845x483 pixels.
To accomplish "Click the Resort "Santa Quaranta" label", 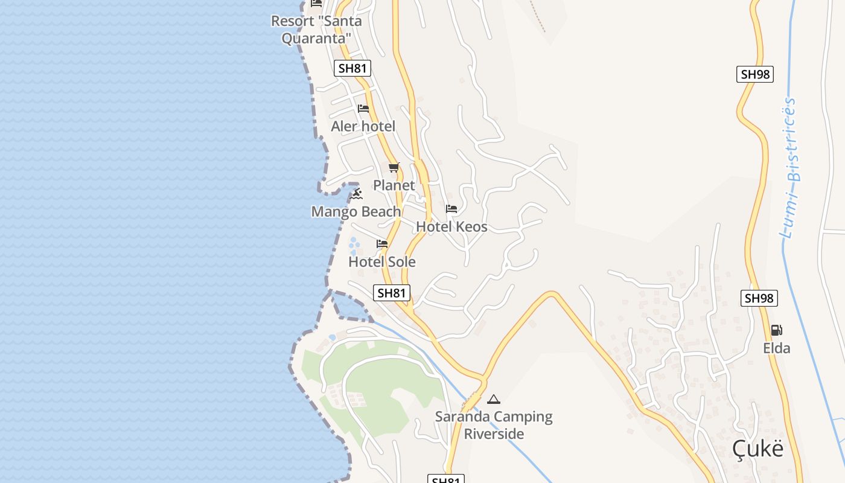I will point(316,30).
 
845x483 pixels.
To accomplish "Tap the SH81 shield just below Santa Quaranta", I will point(352,68).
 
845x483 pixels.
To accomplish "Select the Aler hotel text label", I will point(363,126).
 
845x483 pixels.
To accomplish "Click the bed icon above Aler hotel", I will point(363,109).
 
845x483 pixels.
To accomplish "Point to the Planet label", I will point(394,185).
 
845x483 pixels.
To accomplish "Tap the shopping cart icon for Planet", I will point(394,167).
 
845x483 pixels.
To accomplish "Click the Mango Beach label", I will point(356,212).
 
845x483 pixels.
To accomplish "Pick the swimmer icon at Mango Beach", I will point(356,194).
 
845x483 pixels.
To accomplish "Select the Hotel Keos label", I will point(451,227).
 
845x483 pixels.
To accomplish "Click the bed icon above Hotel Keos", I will point(451,209).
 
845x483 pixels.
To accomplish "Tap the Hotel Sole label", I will point(382,262).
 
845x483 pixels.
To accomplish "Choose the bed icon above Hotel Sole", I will point(382,244).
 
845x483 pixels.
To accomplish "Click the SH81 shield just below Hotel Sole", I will point(392,293).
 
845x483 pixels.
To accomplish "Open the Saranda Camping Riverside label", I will point(494,425).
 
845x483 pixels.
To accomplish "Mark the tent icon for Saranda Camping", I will point(494,399).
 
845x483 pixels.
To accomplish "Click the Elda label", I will point(777,348).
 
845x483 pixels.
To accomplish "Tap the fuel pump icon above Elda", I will point(777,330).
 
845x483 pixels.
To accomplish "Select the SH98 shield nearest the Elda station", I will point(759,298).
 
